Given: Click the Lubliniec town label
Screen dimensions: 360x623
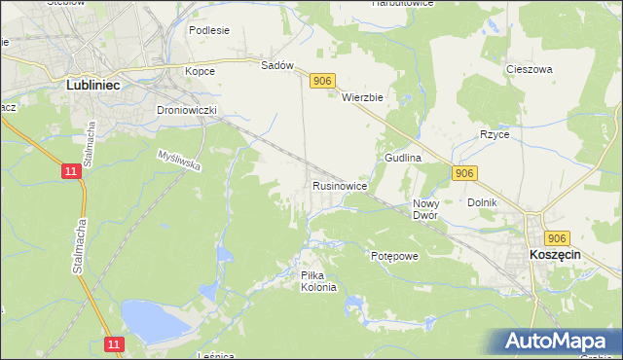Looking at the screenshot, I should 93,85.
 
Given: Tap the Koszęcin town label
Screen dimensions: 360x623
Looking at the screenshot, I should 555,253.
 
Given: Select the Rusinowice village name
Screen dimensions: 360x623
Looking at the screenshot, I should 339,185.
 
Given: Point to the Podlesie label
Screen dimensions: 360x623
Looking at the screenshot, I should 209,30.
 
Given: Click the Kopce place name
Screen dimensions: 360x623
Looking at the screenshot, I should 200,71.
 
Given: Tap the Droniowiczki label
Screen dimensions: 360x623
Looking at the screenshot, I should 187,110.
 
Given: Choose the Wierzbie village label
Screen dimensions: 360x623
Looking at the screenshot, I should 365,97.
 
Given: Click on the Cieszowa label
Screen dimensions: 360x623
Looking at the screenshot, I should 530,70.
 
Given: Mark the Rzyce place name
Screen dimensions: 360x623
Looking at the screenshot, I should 495,134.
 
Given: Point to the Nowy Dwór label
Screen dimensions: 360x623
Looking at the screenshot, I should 425,209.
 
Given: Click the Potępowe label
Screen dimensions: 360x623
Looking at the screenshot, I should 394,256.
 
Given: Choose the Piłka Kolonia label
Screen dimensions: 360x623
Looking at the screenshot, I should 318,281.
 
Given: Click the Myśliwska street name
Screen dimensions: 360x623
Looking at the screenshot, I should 179,161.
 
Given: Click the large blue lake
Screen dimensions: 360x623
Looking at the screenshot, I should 156,318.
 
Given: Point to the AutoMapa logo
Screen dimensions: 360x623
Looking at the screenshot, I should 559,342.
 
